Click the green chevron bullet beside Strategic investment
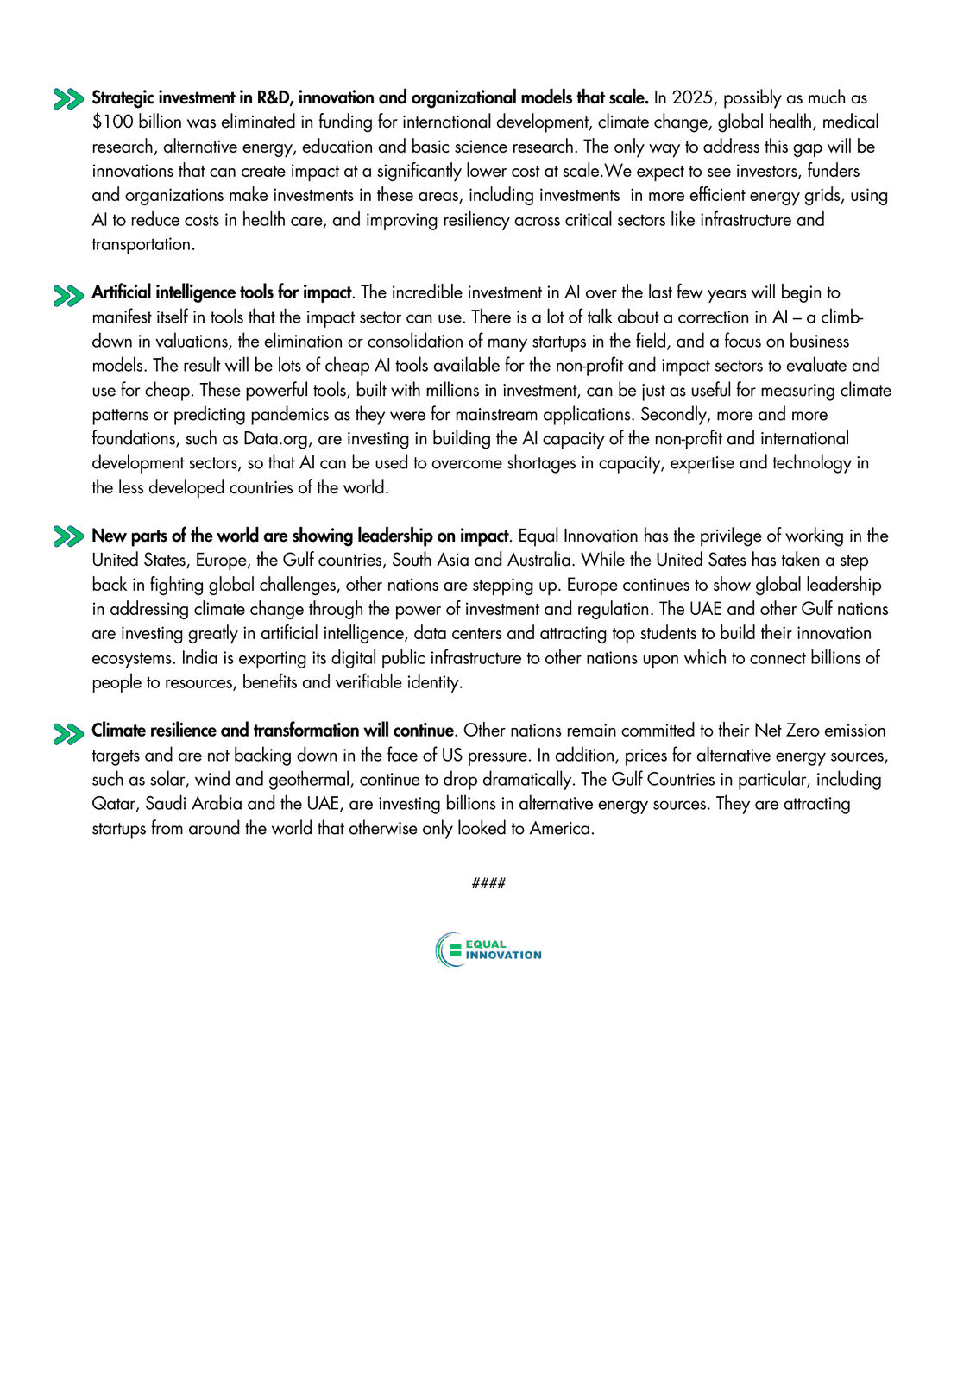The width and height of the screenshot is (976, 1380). (68, 99)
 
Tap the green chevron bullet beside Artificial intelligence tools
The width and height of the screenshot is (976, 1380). (68, 295)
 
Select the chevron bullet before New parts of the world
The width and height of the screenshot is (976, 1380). (68, 536)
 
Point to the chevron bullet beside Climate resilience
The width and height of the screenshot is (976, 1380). (68, 733)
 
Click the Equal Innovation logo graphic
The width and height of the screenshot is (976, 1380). (488, 950)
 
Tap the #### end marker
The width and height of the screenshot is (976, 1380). (488, 883)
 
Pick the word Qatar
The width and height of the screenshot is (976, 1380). (114, 804)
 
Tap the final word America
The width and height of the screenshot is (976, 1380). (561, 829)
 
